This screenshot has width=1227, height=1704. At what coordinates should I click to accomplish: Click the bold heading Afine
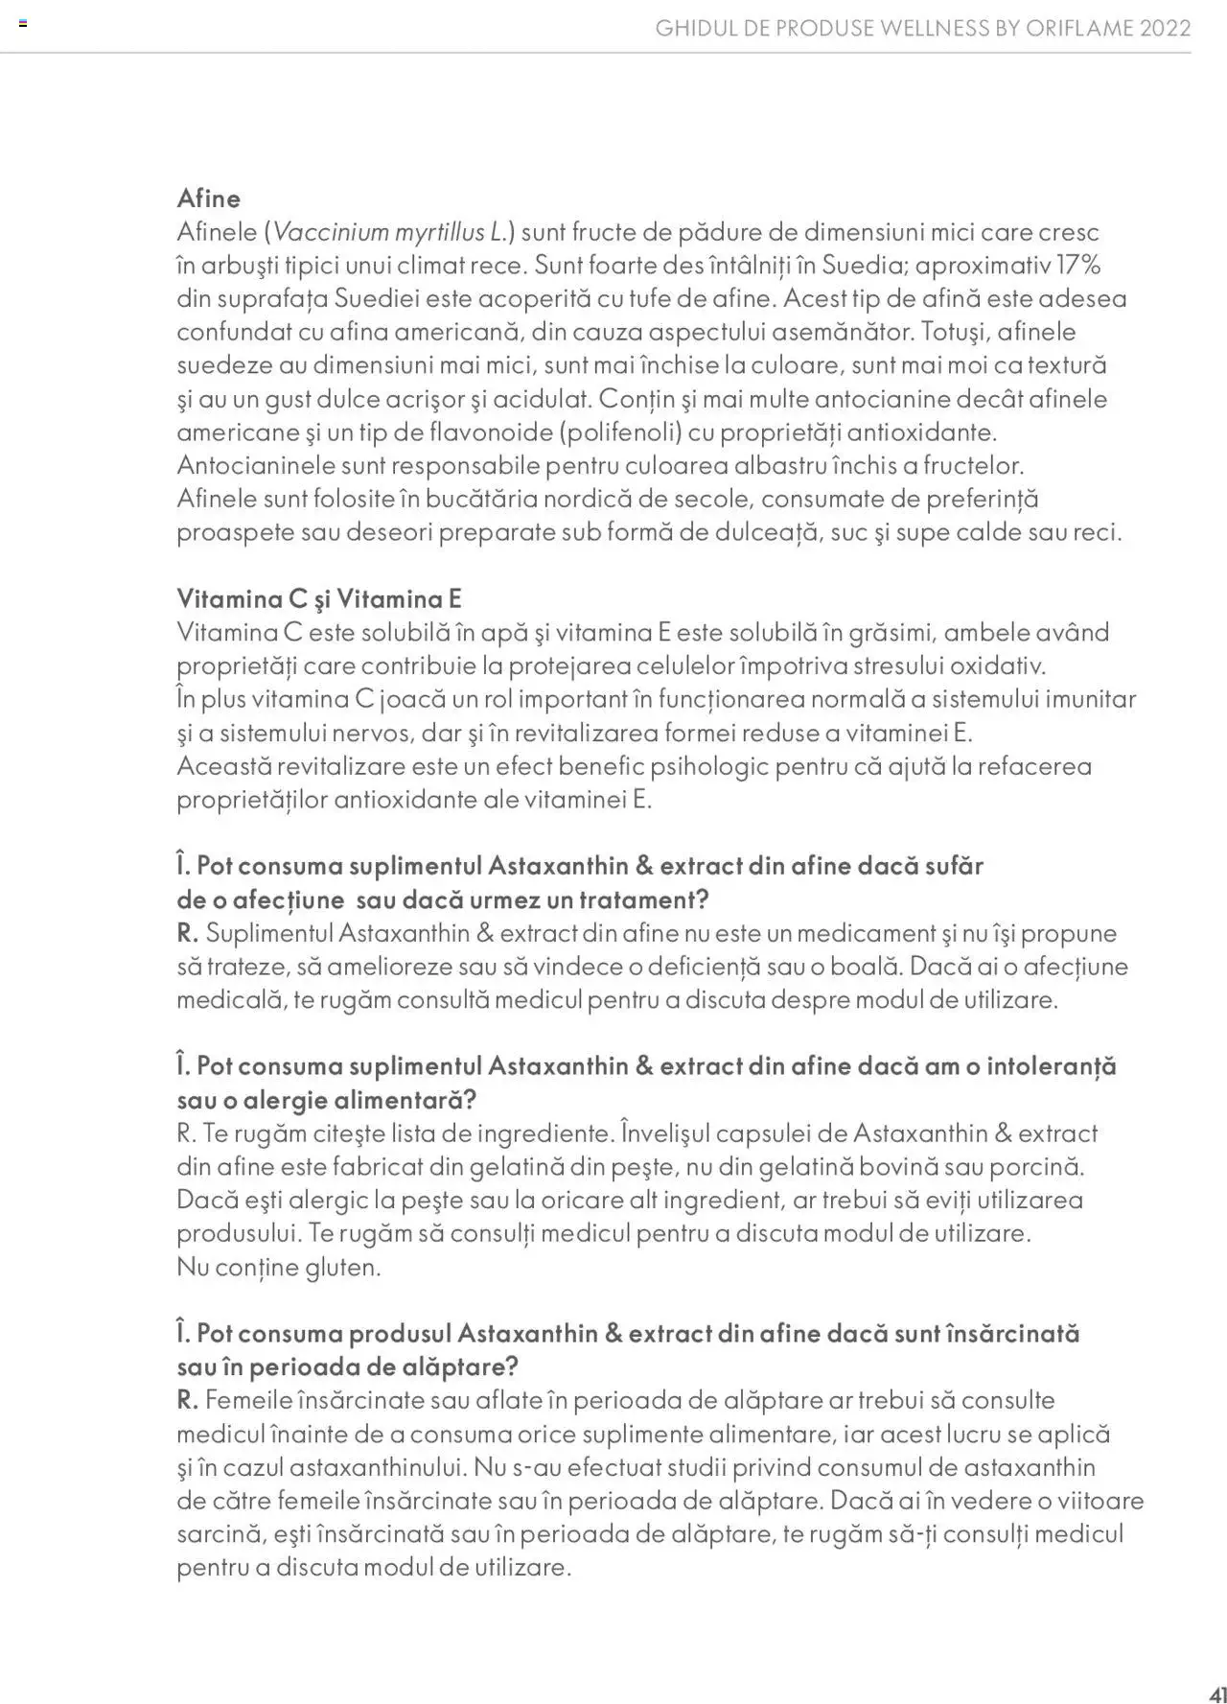coord(208,198)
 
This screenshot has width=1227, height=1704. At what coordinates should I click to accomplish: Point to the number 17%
coord(1077,265)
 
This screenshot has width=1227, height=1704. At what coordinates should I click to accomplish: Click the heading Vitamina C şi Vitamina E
coord(319,599)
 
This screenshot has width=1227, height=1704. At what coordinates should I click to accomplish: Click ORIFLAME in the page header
coord(1079,29)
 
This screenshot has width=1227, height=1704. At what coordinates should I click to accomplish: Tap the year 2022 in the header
coord(1166,29)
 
